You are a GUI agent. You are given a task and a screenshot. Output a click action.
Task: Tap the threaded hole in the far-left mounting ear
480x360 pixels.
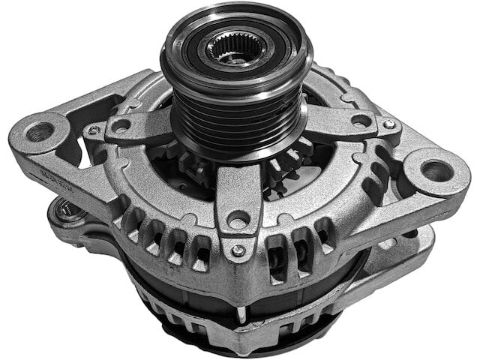(40, 132)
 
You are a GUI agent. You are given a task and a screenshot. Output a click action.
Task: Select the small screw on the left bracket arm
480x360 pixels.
(93, 130)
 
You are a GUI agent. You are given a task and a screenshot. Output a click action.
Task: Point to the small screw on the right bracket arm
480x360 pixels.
(388, 124)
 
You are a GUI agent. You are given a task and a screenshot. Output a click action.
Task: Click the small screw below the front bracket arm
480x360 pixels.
(237, 250)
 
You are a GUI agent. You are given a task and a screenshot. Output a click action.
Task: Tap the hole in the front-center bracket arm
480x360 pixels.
(238, 219)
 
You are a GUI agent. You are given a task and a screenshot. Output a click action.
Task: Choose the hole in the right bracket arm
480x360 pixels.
(361, 119)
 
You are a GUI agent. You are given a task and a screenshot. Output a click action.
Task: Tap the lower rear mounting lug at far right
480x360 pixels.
(420, 240)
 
